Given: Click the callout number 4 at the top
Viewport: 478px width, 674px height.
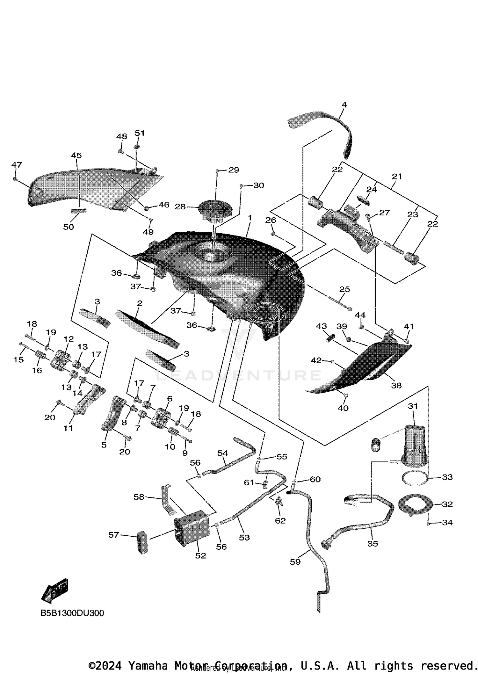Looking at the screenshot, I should [x=344, y=105].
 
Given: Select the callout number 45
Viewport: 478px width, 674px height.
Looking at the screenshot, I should [x=76, y=156].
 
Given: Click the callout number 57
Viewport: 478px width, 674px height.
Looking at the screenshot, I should [x=114, y=535].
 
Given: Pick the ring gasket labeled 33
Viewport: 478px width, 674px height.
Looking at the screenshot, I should [x=415, y=478].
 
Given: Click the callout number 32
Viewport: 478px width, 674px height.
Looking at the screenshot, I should [x=447, y=504].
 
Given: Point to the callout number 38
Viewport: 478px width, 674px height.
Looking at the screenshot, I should [x=396, y=385].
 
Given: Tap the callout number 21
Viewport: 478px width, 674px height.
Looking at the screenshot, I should [x=397, y=176].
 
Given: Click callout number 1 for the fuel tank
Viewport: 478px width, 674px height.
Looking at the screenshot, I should [x=250, y=218].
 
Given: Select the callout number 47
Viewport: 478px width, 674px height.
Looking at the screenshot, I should [x=17, y=165].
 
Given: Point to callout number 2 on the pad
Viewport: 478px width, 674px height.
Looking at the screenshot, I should [x=139, y=303].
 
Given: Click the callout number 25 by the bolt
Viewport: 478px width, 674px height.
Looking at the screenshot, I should [x=344, y=289].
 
